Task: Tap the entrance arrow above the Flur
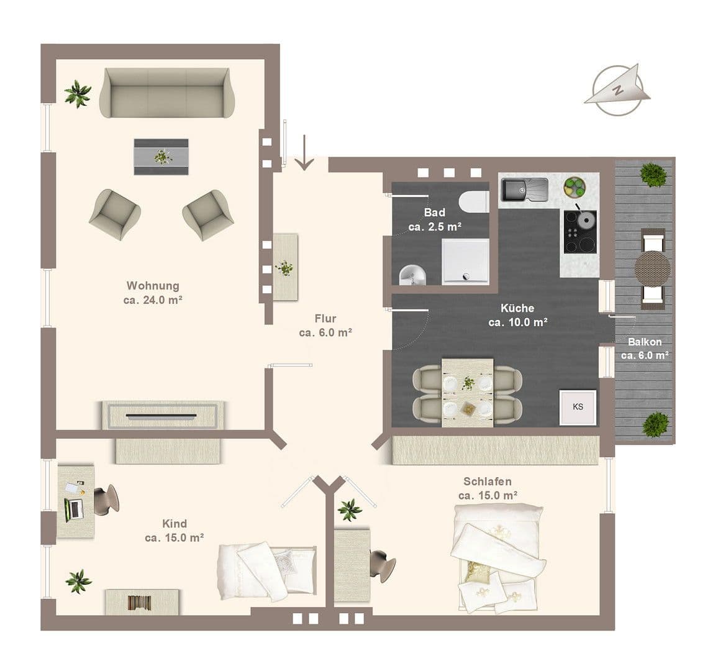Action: [x=304, y=153]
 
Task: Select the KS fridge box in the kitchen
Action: [x=578, y=407]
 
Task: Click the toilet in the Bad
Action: [x=475, y=201]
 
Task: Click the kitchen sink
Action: [x=525, y=190]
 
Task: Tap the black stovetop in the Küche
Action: [x=580, y=232]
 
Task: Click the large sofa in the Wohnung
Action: [x=168, y=93]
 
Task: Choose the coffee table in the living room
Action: [x=161, y=157]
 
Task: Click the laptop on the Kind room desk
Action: [x=73, y=509]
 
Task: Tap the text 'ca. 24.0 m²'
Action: [x=153, y=299]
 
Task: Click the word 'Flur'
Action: [x=325, y=319]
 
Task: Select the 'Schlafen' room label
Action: [x=488, y=482]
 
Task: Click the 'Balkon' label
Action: [x=644, y=342]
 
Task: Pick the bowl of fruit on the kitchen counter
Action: [x=574, y=186]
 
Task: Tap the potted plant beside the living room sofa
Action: [x=78, y=93]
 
